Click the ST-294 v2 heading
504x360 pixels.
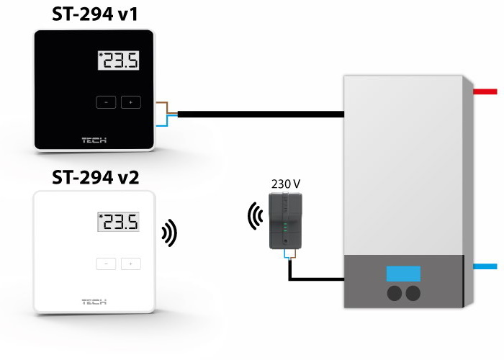click(x=95, y=177)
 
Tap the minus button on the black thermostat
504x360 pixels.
click(x=106, y=102)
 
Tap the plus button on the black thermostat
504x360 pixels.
click(x=130, y=102)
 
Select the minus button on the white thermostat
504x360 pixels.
click(x=106, y=264)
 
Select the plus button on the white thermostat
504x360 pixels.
click(x=130, y=264)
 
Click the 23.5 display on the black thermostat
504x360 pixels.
click(x=117, y=61)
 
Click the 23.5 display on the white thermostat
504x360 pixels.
click(x=117, y=222)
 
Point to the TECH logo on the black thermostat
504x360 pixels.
click(x=94, y=140)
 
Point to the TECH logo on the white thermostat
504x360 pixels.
click(x=94, y=302)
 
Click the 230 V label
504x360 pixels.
click(x=285, y=184)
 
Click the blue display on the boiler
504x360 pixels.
click(x=403, y=274)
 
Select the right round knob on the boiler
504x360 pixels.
click(x=413, y=293)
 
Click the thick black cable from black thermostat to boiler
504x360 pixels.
click(x=259, y=113)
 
